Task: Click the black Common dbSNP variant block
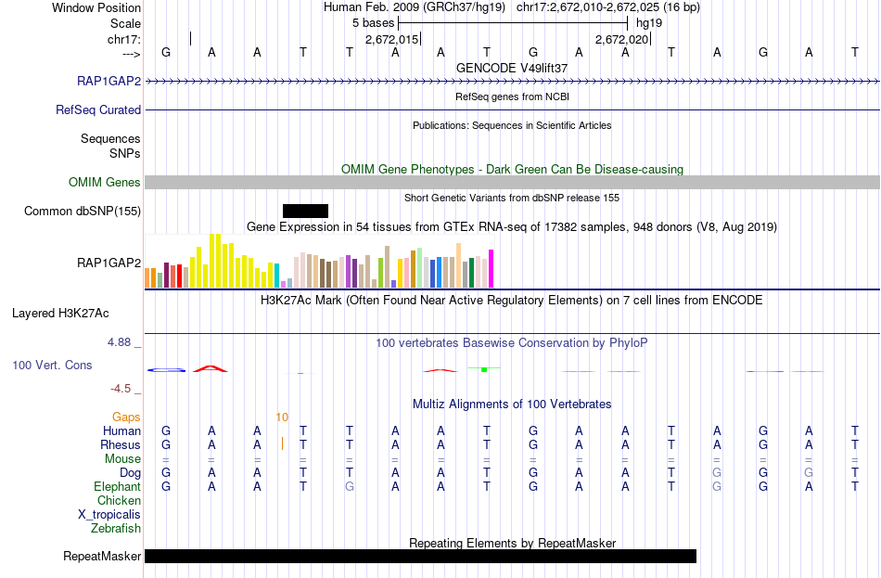(x=305, y=211)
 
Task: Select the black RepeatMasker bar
(x=420, y=556)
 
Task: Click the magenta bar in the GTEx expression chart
(x=491, y=268)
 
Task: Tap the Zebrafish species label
(x=116, y=529)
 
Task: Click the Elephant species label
(x=117, y=486)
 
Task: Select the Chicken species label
(x=119, y=501)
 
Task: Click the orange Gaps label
(x=126, y=417)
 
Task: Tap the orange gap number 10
(x=282, y=417)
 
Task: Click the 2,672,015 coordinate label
(x=391, y=39)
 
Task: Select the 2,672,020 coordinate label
(x=621, y=39)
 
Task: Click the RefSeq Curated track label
(x=98, y=109)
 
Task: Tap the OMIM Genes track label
(x=104, y=183)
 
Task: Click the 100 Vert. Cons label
(x=52, y=366)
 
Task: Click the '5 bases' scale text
(x=372, y=22)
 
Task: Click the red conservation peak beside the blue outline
(x=211, y=369)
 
